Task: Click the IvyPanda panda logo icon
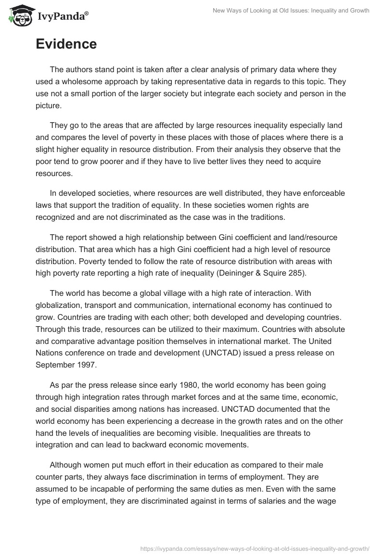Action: pyautogui.click(x=18, y=15)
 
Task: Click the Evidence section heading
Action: pyautogui.click(x=66, y=44)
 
